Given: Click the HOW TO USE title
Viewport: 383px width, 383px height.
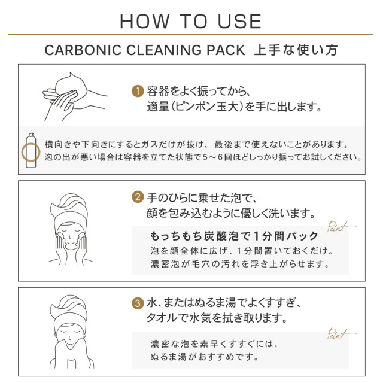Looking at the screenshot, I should (191, 22).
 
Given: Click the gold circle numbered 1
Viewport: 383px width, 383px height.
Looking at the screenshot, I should (137, 92).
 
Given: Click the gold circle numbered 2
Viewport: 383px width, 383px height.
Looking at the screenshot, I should (137, 197).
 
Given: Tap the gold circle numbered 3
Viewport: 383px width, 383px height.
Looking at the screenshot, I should (137, 303).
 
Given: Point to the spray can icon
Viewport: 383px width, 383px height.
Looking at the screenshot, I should (31, 150).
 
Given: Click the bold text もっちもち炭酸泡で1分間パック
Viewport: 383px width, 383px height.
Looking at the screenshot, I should (233, 235).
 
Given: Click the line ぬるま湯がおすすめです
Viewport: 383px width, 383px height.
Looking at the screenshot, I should (205, 357).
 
